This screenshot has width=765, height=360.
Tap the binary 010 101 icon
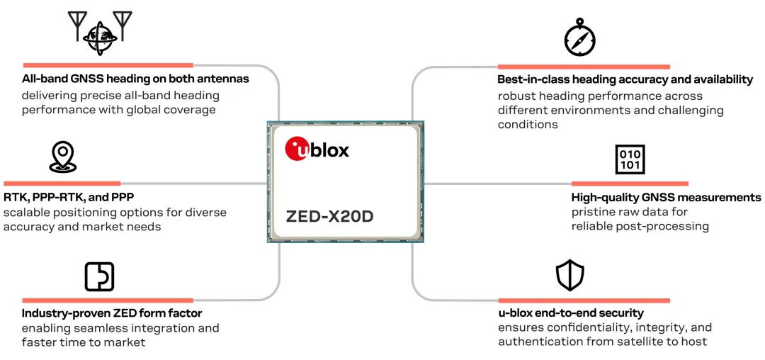click(630, 160)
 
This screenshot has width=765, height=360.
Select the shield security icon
click(570, 276)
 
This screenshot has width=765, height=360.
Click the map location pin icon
click(62, 157)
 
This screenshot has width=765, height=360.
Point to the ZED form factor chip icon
click(99, 276)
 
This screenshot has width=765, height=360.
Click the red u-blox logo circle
click(297, 150)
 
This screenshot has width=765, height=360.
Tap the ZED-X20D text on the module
click(329, 216)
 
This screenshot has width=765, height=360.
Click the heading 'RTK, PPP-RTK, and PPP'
click(69, 197)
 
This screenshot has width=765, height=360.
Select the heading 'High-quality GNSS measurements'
click(666, 198)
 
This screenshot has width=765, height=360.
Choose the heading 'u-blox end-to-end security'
click(570, 313)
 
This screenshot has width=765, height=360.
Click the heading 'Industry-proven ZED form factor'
click(112, 313)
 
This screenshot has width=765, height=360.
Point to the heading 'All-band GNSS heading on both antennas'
click(135, 79)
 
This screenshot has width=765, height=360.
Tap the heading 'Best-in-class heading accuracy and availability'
click(625, 80)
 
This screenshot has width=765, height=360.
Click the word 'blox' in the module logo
click(330, 150)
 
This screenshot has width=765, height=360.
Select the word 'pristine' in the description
click(594, 212)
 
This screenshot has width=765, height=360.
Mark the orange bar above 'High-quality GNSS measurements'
click(629, 184)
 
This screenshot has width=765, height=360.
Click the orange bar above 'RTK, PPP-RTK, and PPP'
click(62, 184)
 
